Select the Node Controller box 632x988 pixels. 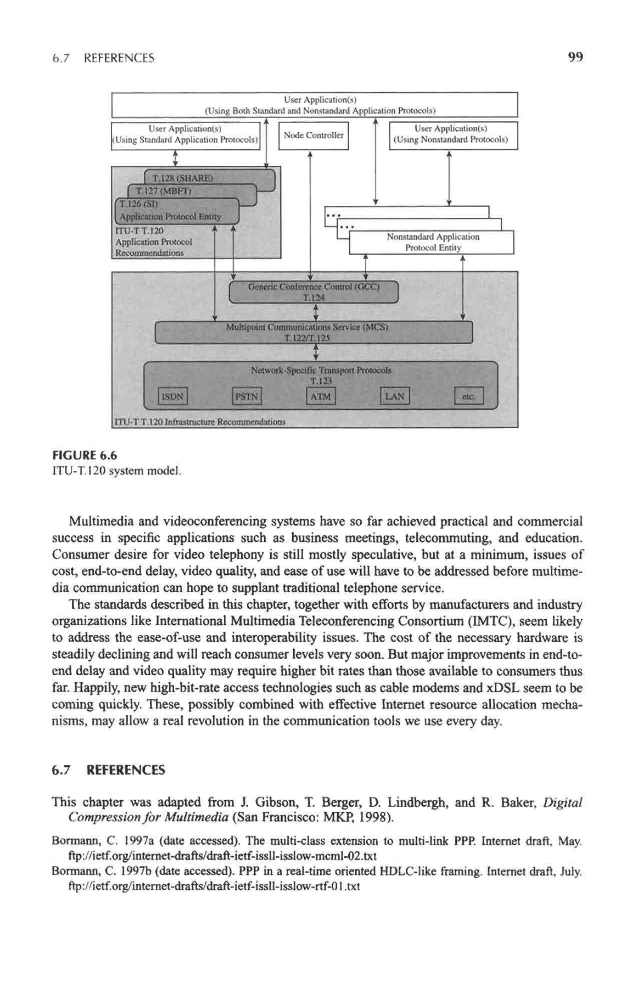click(x=314, y=135)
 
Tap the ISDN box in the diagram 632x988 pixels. click(x=173, y=396)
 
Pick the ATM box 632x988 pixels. click(x=321, y=396)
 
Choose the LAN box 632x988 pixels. click(x=395, y=396)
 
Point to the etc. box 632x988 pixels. click(x=469, y=396)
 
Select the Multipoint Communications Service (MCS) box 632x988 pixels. click(x=314, y=333)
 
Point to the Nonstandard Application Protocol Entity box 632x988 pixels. click(x=432, y=242)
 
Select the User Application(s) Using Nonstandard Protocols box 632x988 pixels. click(x=453, y=135)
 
